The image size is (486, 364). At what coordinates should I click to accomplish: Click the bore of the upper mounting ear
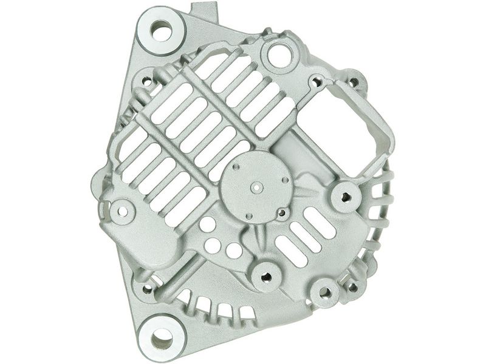(162, 30)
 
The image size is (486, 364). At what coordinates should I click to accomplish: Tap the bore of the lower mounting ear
(162, 336)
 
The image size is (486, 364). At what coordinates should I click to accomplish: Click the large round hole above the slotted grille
(278, 56)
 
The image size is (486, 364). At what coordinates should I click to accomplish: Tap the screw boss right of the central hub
(346, 196)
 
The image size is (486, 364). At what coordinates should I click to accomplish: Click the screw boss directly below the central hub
(265, 277)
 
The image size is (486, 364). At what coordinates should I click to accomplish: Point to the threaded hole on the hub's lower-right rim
(281, 212)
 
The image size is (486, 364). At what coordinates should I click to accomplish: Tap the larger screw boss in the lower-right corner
(325, 293)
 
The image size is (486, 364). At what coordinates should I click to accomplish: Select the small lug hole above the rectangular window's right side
(352, 79)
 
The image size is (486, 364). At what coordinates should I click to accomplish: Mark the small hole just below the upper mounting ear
(146, 79)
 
